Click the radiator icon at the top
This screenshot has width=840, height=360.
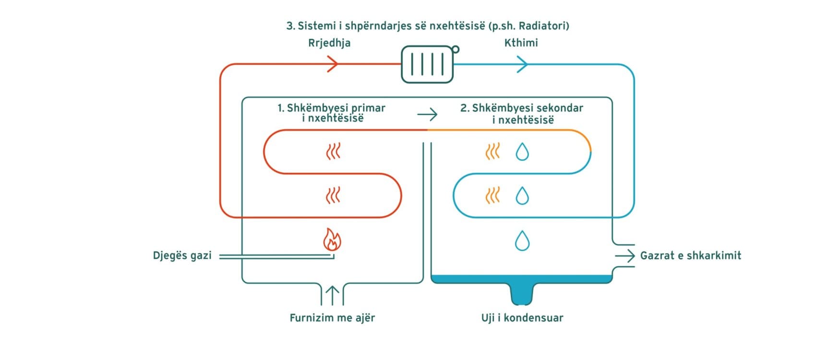tap(427, 64)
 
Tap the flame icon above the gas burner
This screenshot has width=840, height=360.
tap(332, 240)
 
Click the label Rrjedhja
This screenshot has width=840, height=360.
tap(329, 43)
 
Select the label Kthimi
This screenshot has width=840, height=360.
tap(521, 43)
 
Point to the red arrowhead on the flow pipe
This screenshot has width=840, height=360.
tap(333, 64)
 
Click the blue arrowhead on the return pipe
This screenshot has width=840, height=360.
tap(522, 64)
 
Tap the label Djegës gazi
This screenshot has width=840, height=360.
tap(182, 255)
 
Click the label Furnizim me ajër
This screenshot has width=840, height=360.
tap(332, 318)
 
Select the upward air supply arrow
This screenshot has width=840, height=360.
tap(332, 295)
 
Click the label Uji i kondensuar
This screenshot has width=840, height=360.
tap(522, 318)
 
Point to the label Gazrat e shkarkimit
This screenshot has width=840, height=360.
tap(690, 255)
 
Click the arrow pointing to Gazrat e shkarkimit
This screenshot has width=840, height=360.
tap(625, 256)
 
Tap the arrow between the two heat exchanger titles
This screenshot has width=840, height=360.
tap(427, 114)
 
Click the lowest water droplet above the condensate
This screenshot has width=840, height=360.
tap(522, 240)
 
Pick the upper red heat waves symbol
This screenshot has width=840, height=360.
tap(333, 152)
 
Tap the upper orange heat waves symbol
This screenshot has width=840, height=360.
tap(493, 152)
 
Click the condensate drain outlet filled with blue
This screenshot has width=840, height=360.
tap(522, 294)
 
